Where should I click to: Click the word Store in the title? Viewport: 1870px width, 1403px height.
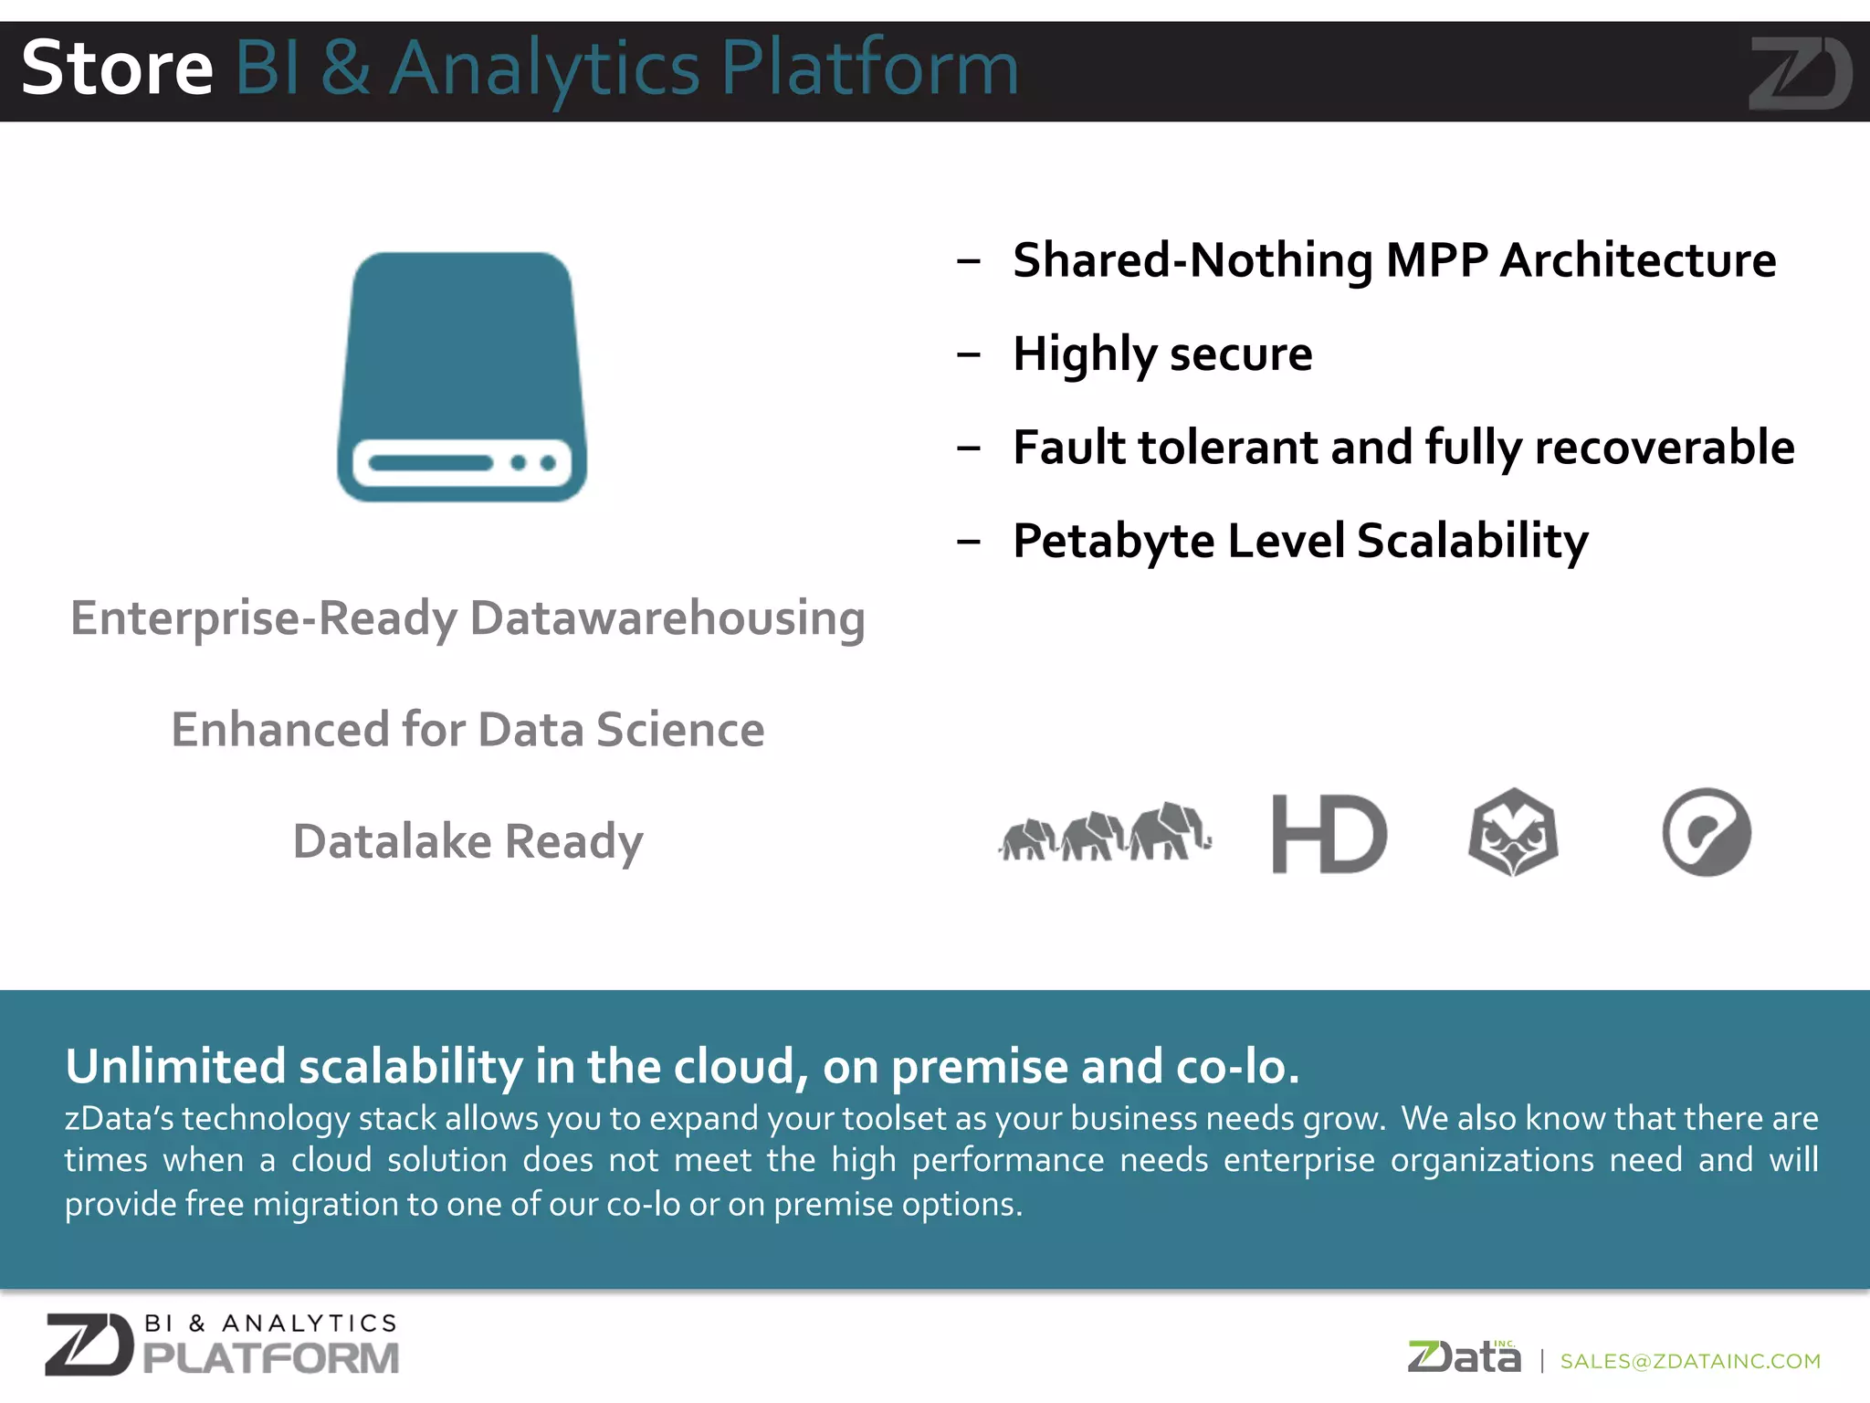117,69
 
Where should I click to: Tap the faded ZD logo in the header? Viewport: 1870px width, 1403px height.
1799,73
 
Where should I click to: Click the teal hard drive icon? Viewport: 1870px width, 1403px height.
462,376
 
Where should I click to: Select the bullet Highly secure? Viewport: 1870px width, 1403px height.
1161,353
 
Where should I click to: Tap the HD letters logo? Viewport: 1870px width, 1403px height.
1329,833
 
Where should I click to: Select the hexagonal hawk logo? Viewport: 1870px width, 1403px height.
1513,832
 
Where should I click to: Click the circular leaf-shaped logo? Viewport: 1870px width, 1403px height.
1706,832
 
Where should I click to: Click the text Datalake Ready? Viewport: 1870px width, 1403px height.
467,841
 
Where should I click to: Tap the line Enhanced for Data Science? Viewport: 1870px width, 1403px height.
467,730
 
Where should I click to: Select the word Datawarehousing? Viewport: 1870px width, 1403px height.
667,618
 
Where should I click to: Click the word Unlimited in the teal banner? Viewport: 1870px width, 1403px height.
175,1066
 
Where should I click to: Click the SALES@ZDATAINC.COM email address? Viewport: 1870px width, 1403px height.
1690,1361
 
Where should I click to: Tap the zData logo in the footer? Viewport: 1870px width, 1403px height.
1464,1357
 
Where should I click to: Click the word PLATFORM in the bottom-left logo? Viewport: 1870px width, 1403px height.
271,1358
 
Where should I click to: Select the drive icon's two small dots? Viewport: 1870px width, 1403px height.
533,463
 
